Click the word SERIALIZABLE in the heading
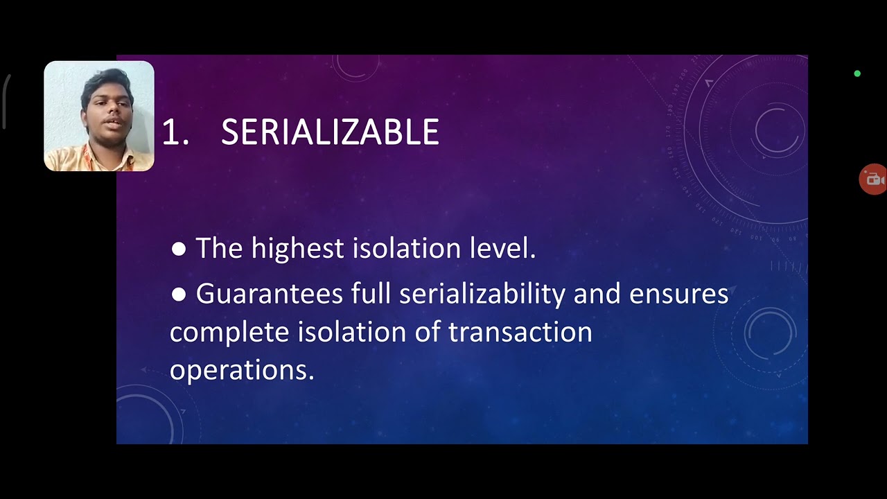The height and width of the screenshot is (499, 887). pyautogui.click(x=330, y=132)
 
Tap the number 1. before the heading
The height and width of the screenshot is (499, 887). pyautogui.click(x=175, y=132)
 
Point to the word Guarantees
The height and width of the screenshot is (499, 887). pyautogui.click(x=269, y=294)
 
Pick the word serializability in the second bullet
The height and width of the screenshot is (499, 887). pyautogui.click(x=482, y=294)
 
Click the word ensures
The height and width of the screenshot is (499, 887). pyautogui.click(x=678, y=294)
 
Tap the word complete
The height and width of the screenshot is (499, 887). pyautogui.click(x=229, y=332)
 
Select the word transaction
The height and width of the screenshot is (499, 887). pyautogui.click(x=520, y=332)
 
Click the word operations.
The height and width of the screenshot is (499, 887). pyautogui.click(x=242, y=369)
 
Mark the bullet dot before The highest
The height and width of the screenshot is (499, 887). pyautogui.click(x=178, y=249)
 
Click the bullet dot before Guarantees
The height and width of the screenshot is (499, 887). pyautogui.click(x=178, y=295)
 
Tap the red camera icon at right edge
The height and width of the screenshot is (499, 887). pyautogui.click(x=873, y=180)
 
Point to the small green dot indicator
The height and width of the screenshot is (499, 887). pyautogui.click(x=857, y=73)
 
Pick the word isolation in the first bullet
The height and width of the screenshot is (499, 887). pyautogui.click(x=401, y=248)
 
